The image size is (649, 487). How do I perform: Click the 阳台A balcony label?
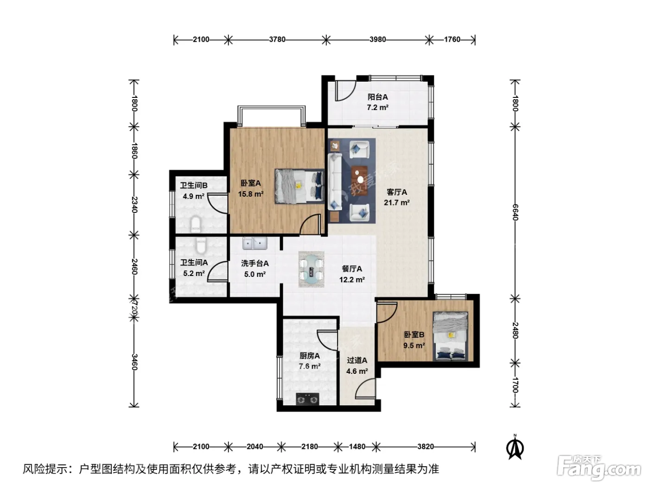(x=377, y=96)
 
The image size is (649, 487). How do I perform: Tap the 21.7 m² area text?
(x=396, y=203)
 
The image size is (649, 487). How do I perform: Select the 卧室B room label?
(x=414, y=335)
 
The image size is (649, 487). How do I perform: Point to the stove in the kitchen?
(x=307, y=399)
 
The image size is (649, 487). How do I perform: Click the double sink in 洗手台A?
(x=255, y=243)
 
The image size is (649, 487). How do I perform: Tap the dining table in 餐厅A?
(x=312, y=269)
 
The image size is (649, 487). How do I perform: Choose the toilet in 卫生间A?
(x=201, y=245)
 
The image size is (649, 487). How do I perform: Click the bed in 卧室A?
(x=299, y=186)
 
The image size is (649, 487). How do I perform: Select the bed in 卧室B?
(x=450, y=336)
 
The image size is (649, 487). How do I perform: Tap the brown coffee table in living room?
(x=359, y=181)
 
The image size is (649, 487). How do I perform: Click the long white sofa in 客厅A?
(x=335, y=182)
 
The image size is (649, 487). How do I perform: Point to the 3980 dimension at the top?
(x=377, y=39)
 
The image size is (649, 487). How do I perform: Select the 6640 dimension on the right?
(x=515, y=212)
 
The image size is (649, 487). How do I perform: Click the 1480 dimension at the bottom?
(x=357, y=446)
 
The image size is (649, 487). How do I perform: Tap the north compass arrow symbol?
(x=515, y=448)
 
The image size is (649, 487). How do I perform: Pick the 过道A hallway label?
(x=357, y=360)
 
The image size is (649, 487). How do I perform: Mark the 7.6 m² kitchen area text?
(x=310, y=366)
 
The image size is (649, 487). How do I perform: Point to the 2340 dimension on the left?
(x=134, y=205)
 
